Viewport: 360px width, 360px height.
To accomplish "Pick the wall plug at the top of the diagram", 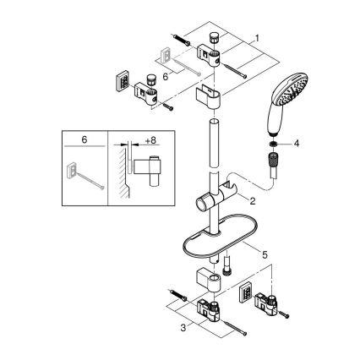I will tap(183, 37).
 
